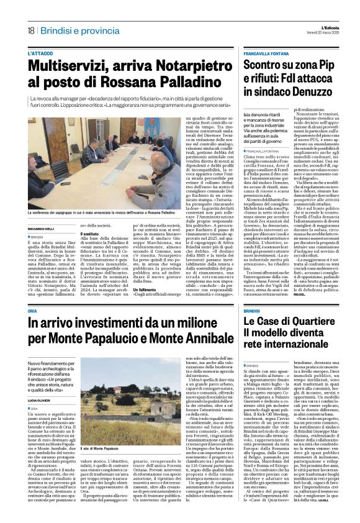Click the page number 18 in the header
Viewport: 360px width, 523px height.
[30, 30]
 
